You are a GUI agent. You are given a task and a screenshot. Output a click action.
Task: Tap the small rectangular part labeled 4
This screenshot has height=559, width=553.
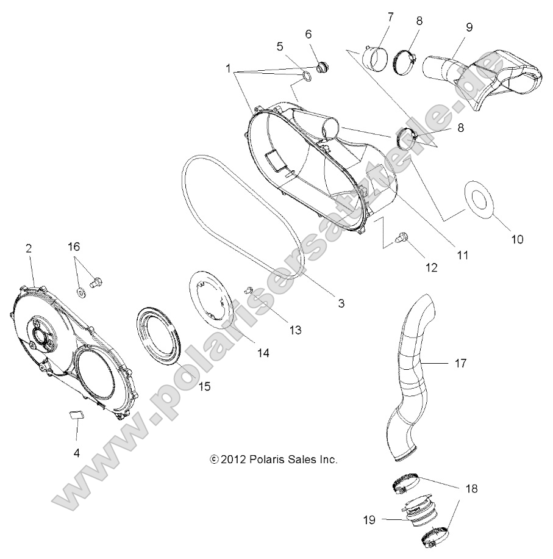click(76, 415)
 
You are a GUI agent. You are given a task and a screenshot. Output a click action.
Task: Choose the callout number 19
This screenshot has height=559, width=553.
click(369, 519)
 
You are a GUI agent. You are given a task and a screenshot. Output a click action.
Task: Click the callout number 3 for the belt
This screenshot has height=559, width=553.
click(341, 303)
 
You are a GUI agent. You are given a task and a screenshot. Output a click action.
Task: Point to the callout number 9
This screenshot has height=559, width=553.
click(469, 27)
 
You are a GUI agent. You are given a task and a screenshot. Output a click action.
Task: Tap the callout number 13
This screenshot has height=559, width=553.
click(295, 330)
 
